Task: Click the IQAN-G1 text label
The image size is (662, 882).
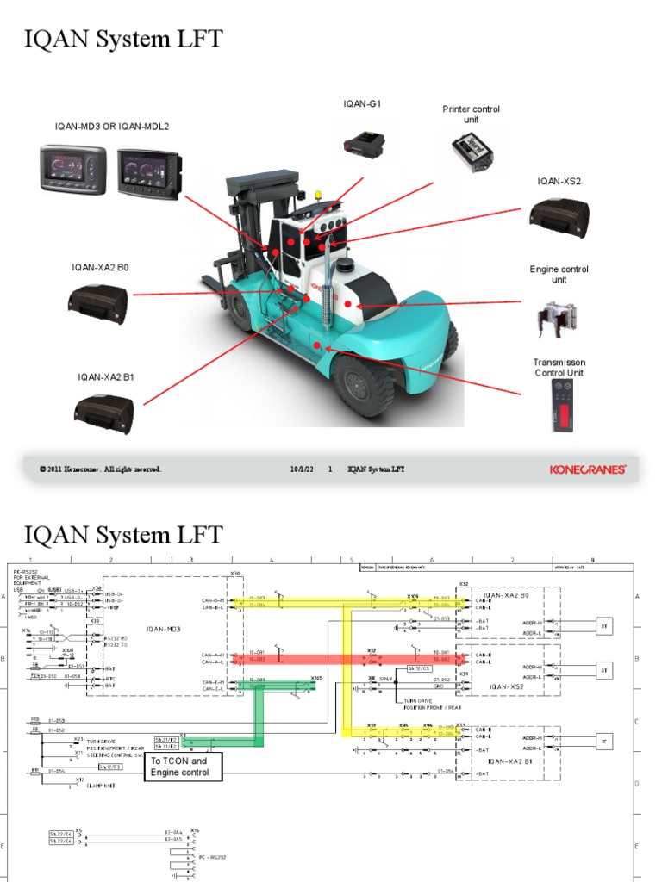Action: point(362,103)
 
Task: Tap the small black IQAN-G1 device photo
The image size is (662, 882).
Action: point(365,142)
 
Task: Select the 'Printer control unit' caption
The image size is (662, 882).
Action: point(471,115)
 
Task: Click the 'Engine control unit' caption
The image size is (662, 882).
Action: point(559,274)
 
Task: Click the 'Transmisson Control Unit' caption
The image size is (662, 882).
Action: point(559,368)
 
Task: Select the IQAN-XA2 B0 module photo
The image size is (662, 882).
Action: point(98,303)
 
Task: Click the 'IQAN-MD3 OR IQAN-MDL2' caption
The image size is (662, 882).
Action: point(112,127)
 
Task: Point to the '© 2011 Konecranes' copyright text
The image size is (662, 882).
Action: point(100,469)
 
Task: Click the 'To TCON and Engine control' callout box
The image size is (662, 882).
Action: point(184,767)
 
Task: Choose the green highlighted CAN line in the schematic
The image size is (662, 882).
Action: point(259,715)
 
